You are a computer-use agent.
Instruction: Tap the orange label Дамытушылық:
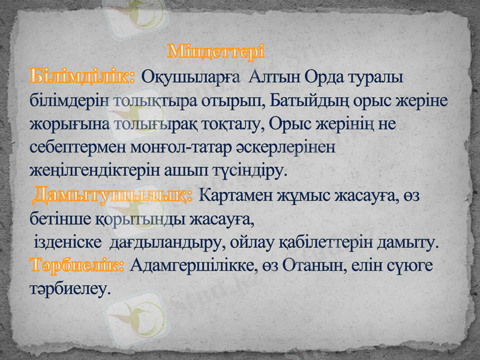click(112, 194)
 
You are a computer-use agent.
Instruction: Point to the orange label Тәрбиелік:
click(77, 265)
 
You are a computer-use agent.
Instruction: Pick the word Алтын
click(273, 78)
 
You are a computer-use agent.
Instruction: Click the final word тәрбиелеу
click(70, 289)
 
